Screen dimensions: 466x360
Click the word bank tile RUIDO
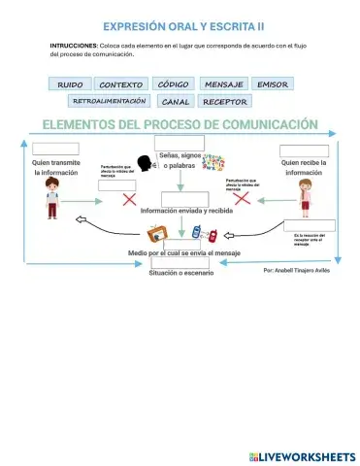[70, 84]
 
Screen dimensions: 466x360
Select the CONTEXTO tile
[121, 84]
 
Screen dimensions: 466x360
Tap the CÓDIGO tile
[174, 84]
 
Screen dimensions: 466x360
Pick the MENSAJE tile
[225, 84]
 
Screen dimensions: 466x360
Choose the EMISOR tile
[273, 84]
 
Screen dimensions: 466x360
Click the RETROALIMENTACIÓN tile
[109, 101]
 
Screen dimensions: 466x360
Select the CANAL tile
[176, 101]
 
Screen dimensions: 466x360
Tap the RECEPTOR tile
[226, 101]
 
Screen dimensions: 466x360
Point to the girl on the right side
[306, 205]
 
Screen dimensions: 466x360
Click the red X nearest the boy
[128, 199]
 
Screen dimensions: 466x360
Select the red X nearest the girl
[242, 198]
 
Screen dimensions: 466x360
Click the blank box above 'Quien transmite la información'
[54, 149]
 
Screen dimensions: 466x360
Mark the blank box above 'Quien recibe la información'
[304, 151]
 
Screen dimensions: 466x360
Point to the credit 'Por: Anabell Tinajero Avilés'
[298, 272]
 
